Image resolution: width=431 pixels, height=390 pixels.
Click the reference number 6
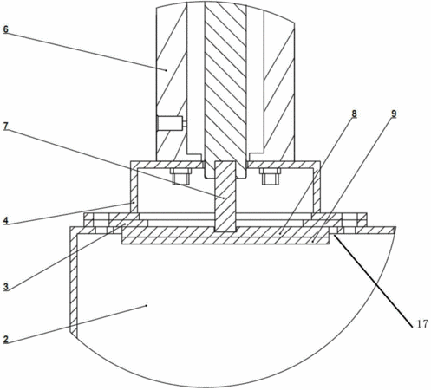[6, 29]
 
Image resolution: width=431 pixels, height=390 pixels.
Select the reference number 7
[6, 127]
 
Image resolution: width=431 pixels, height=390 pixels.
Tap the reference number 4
[6, 221]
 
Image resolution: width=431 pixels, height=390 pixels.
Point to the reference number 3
[6, 287]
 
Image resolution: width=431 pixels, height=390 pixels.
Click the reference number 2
[6, 340]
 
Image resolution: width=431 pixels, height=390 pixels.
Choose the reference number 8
[354, 114]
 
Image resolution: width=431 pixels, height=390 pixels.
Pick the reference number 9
[394, 114]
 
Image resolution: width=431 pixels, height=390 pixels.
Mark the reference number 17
[422, 324]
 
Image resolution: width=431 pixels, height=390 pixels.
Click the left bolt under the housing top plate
[181, 176]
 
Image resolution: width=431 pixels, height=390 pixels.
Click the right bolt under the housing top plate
[270, 176]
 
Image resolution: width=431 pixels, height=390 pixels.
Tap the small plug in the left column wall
[171, 123]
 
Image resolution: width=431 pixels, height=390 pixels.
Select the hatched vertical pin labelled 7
[225, 197]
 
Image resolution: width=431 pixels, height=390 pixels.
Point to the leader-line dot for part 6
[167, 70]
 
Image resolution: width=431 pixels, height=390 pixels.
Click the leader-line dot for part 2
[147, 305]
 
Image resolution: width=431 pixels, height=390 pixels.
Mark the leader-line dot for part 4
[134, 203]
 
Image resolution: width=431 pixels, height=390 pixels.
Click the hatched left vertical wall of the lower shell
[74, 283]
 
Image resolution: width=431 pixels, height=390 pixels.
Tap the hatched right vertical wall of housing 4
[317, 191]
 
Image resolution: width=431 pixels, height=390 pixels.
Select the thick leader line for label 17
[373, 281]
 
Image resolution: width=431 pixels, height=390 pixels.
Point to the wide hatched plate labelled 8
[225, 235]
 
